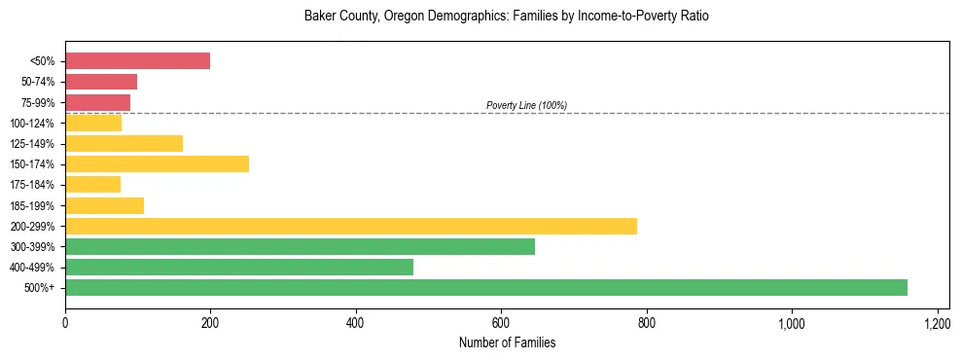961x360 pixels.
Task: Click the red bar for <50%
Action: [x=137, y=61]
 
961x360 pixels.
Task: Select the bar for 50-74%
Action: [x=101, y=82]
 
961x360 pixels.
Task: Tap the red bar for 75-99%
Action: [x=97, y=102]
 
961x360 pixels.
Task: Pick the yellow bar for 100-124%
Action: [x=93, y=123]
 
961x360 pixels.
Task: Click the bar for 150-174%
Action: [x=157, y=163]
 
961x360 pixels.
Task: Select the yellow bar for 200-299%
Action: [x=351, y=226]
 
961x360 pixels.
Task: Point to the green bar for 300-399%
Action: [x=300, y=246]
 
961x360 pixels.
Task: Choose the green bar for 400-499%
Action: [x=239, y=267]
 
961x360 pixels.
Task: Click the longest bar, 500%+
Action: [x=486, y=287]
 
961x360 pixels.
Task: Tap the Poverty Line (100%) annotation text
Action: [x=526, y=105]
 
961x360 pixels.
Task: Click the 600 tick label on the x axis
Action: [x=501, y=322]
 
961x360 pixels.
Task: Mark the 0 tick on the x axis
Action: [x=65, y=322]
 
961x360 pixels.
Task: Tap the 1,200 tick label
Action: [x=937, y=322]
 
